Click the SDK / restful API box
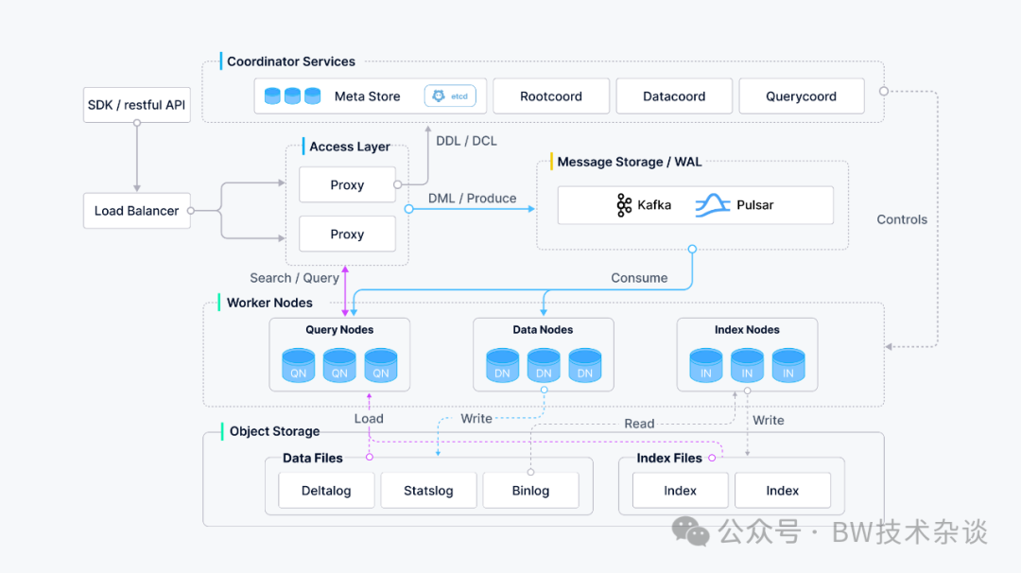(137, 105)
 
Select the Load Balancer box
(137, 210)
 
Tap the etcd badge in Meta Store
(450, 95)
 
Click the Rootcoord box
(551, 96)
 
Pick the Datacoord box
(674, 96)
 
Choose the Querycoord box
(802, 96)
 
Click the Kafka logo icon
(624, 205)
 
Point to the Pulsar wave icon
(713, 205)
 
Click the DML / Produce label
(472, 198)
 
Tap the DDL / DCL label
(466, 141)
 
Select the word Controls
(902, 219)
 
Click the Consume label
(639, 278)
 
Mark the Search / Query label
(294, 278)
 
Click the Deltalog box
(326, 491)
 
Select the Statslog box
(428, 491)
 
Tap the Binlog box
(530, 491)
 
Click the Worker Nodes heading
(269, 303)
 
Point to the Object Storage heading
(275, 431)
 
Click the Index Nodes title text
(747, 329)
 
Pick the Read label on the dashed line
(639, 424)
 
